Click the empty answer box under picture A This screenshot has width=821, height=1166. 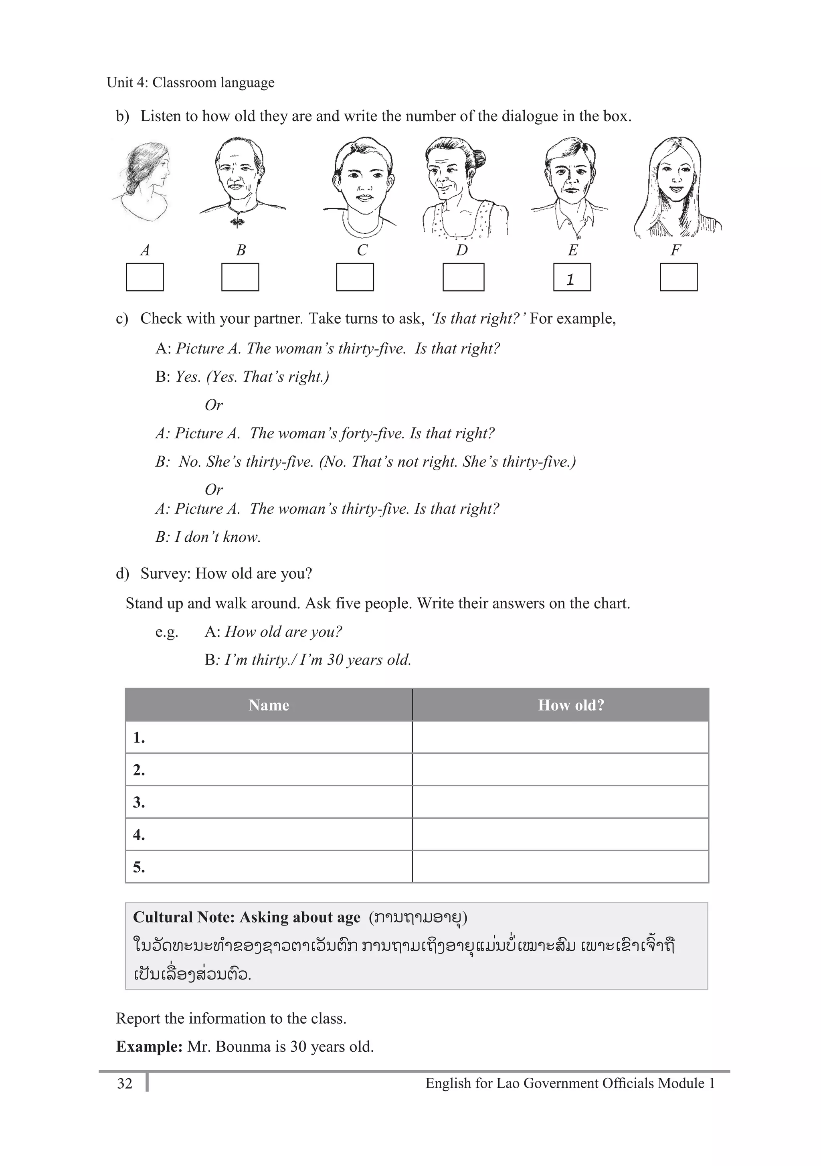(x=145, y=277)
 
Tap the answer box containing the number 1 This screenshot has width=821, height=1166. (x=572, y=277)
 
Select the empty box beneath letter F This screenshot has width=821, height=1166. (x=678, y=277)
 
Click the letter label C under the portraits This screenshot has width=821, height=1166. (x=362, y=250)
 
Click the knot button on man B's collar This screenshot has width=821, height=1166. (x=237, y=221)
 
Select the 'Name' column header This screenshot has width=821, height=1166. (x=269, y=705)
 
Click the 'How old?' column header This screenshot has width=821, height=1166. (x=571, y=705)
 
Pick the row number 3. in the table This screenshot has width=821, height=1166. (x=139, y=802)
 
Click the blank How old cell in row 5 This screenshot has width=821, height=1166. (x=560, y=867)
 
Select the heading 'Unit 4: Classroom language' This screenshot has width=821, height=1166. (x=190, y=82)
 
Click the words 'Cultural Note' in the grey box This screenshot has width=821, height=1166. (x=183, y=917)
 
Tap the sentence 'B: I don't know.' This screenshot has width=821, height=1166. (x=208, y=537)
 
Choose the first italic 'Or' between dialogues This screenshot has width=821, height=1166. (x=214, y=405)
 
